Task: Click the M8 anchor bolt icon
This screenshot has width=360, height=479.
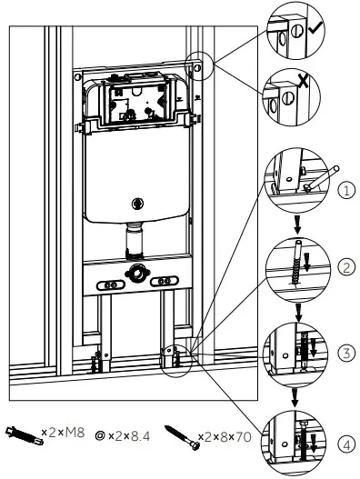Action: tap(23, 433)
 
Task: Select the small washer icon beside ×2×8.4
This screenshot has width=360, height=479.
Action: tap(100, 434)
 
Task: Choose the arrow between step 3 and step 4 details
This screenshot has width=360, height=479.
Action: tap(295, 394)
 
